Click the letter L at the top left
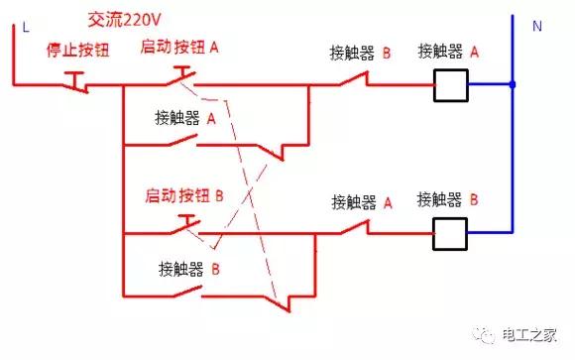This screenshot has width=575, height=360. [23, 28]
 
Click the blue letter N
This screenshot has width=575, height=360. [536, 27]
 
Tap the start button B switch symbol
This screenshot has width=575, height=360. [181, 227]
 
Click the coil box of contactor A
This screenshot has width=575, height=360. [451, 86]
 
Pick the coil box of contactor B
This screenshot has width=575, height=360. [451, 233]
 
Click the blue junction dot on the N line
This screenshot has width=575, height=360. [512, 85]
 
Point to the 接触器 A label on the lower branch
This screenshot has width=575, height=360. [362, 202]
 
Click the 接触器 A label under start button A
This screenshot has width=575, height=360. [185, 118]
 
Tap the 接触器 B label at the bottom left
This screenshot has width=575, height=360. [188, 268]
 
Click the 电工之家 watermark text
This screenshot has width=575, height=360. [532, 334]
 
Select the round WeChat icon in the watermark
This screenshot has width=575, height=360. [487, 335]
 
